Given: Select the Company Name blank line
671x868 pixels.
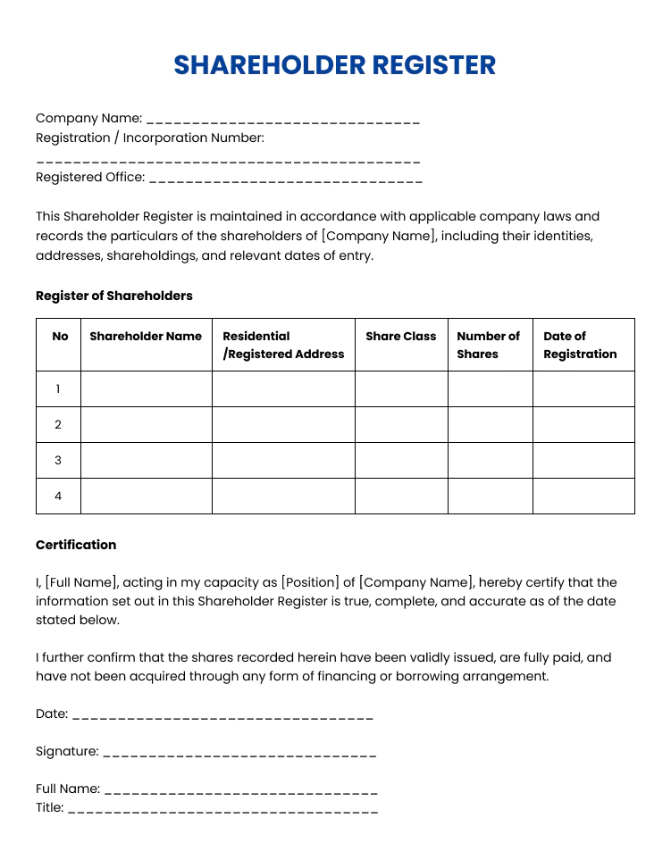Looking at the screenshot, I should click(282, 121).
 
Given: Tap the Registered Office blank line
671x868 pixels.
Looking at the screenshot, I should click(285, 179).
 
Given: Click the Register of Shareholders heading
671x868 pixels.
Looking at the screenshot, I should click(114, 296).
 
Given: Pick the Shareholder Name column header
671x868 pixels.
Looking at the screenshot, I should click(146, 337).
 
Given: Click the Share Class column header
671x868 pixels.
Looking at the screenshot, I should click(401, 337).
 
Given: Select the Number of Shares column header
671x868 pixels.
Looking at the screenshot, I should click(488, 345).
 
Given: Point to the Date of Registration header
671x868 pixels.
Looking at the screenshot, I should click(580, 345).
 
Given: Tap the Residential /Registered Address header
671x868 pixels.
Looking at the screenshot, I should click(282, 345).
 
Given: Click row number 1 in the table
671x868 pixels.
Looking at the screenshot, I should click(58, 388).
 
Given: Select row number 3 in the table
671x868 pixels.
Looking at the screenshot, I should click(58, 460).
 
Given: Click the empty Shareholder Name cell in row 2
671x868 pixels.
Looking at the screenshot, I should click(146, 424).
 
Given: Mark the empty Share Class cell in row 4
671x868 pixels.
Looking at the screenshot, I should click(401, 496).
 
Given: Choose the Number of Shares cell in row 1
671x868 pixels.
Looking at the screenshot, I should click(490, 388).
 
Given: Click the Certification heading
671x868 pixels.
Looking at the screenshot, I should click(76, 545).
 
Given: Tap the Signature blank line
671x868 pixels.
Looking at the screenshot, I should click(239, 754).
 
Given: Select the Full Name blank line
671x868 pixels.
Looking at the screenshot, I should click(239, 791).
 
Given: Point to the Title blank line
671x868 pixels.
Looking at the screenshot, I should click(222, 810).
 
